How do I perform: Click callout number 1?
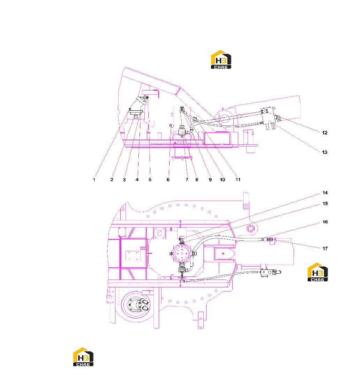coord(94,179)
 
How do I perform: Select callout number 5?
coord(150,179)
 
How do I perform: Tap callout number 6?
coord(168,179)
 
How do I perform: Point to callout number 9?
coord(210,179)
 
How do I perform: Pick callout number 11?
coord(238,179)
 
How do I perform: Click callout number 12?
coord(324,133)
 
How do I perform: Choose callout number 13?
coord(324,152)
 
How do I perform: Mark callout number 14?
coord(325,192)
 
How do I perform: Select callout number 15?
coord(325,204)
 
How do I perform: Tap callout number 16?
coord(325,222)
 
